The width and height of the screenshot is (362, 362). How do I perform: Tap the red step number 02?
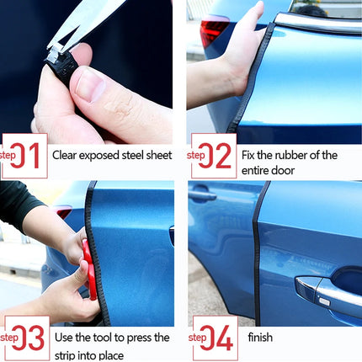tap(217, 155)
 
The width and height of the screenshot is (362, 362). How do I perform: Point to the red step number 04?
tap(217, 338)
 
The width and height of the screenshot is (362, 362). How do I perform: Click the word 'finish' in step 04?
tap(260, 338)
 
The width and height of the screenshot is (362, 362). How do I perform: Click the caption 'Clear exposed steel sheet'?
tap(112, 155)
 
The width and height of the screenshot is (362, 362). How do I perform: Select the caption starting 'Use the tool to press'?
tap(110, 344)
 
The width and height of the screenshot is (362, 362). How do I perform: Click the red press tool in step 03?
tap(88, 269)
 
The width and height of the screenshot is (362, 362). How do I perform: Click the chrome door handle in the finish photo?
tap(324, 290)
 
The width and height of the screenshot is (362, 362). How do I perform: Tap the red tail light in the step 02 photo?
tap(212, 29)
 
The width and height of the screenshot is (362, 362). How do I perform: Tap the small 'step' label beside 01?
tap(7, 155)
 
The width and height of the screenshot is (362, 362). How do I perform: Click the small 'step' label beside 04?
tap(196, 338)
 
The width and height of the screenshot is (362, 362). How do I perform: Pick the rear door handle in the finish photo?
tap(202, 195)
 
